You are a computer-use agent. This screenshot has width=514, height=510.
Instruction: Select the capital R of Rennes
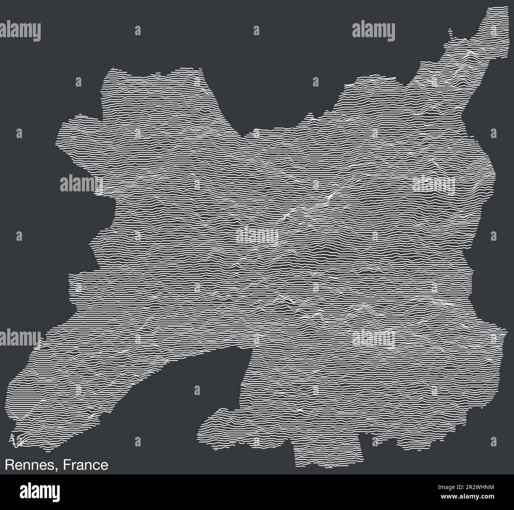click(x=9, y=465)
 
